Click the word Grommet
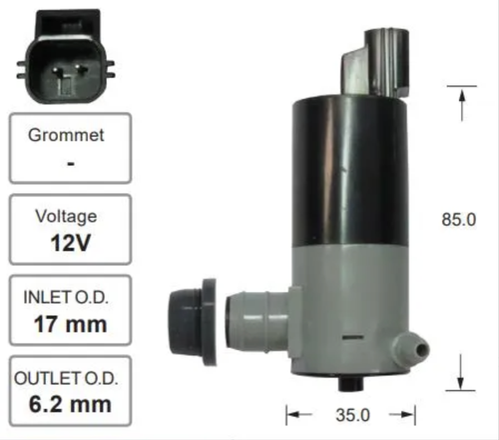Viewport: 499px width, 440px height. tap(66, 135)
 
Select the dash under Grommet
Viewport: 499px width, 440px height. tap(71, 164)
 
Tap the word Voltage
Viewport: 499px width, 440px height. tap(66, 217)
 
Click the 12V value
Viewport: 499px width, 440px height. tap(70, 243)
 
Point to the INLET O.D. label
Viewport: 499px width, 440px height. tap(66, 297)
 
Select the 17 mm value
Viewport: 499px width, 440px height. tap(70, 324)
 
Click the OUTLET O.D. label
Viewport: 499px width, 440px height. tap(66, 378)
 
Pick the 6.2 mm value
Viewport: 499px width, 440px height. tap(70, 405)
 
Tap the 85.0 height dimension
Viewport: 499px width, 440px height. tap(459, 220)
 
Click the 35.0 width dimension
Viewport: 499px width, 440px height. tap(353, 415)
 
